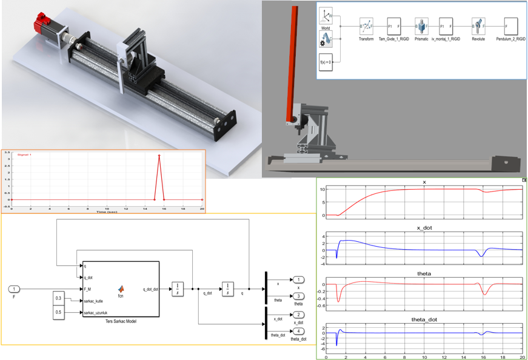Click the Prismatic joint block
pos(421,26)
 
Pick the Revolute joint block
pos(478,26)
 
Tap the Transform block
pos(366,26)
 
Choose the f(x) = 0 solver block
pos(326,62)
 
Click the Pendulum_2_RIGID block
pos(510,26)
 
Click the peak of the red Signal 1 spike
pos(159,156)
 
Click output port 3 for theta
pos(299,295)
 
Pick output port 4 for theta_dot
pos(299,330)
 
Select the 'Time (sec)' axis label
pos(107,211)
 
